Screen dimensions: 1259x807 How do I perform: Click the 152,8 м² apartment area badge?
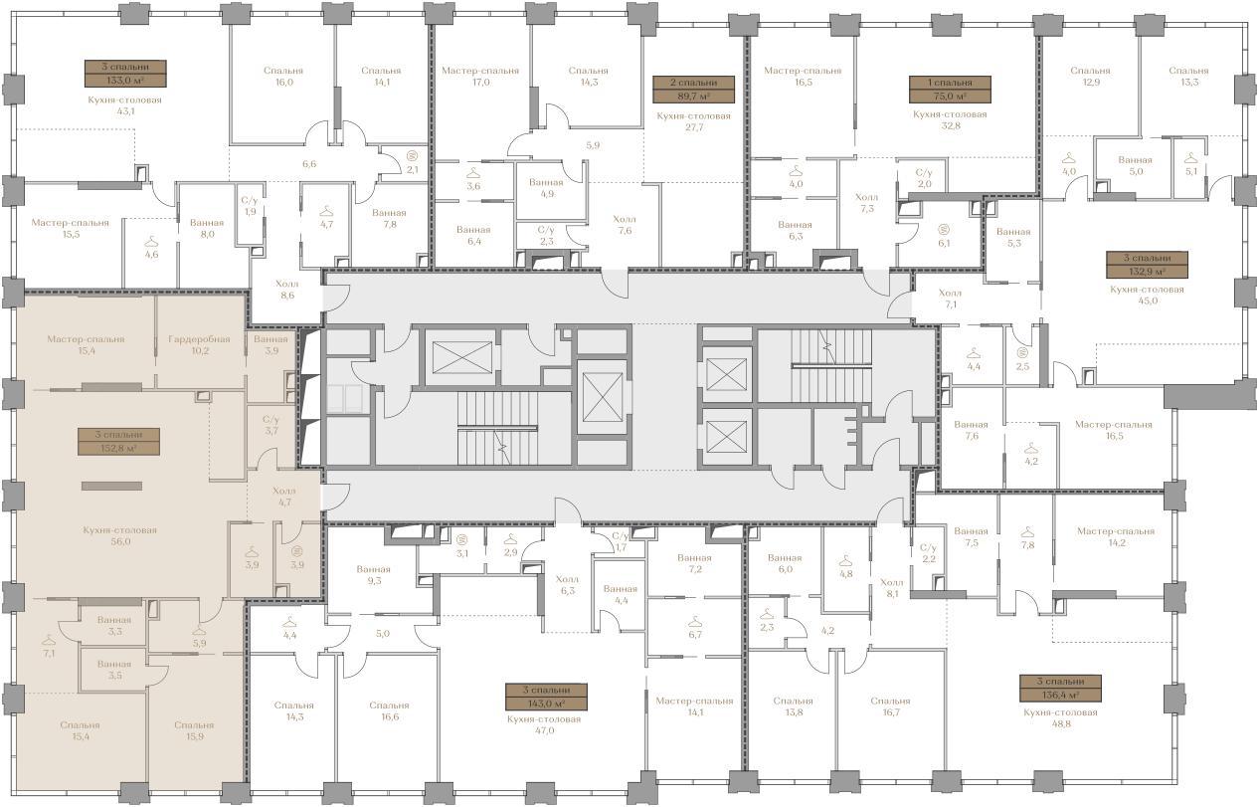click(x=118, y=442)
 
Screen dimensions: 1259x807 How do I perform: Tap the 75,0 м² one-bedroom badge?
click(x=950, y=90)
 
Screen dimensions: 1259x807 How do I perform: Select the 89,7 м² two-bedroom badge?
click(x=693, y=90)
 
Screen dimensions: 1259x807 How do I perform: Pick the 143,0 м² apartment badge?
click(x=546, y=697)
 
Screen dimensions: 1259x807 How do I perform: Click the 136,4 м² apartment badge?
click(x=1060, y=689)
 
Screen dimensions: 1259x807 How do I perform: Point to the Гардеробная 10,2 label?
click(x=200, y=344)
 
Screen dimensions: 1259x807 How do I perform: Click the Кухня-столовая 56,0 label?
click(x=120, y=536)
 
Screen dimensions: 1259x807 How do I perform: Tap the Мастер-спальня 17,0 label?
click(x=480, y=77)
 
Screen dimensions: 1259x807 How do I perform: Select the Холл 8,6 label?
click(x=286, y=290)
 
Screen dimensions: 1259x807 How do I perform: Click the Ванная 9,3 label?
click(x=374, y=575)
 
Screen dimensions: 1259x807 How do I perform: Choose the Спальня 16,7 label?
click(x=890, y=706)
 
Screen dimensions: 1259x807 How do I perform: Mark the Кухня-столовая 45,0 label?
click(x=1147, y=295)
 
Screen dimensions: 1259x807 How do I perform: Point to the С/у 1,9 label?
click(x=250, y=206)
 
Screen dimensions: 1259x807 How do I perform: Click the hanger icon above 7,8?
click(x=1027, y=531)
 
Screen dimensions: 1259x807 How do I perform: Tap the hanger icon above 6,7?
click(x=695, y=621)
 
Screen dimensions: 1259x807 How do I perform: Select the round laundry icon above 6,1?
click(x=944, y=230)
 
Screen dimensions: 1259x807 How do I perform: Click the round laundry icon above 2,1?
click(x=412, y=156)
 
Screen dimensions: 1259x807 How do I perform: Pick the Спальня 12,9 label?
click(x=1090, y=77)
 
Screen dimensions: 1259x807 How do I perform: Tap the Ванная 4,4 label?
click(x=621, y=594)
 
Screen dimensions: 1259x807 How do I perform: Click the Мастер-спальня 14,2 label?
click(x=1116, y=537)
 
